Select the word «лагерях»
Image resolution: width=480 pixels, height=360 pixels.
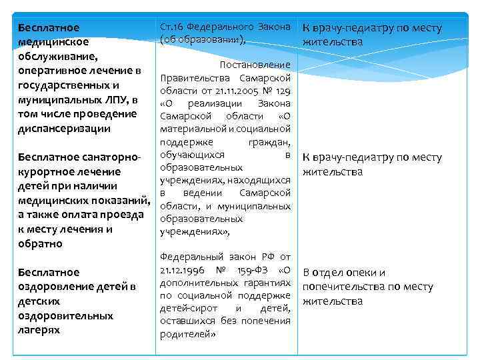[39, 330]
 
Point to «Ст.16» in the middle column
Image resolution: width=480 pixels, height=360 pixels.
[170, 27]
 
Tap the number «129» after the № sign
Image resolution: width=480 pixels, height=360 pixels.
[282, 90]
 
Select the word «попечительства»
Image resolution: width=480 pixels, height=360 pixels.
[343, 287]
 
